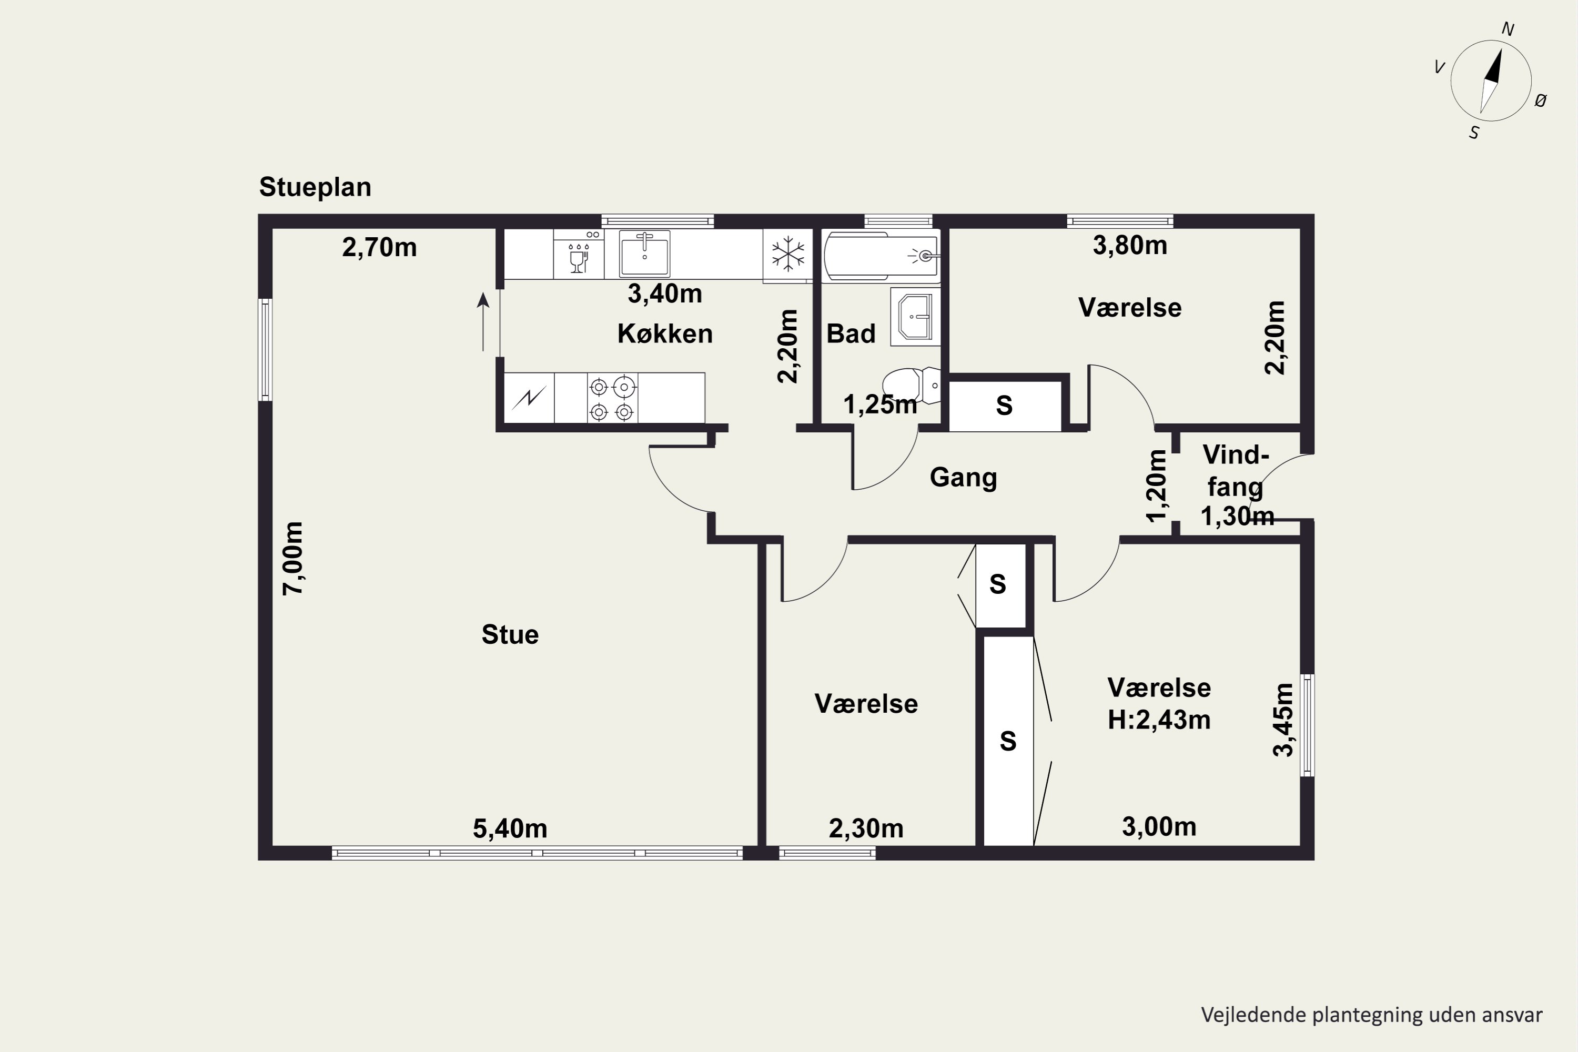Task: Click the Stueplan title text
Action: [315, 188]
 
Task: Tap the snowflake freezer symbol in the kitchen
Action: [787, 254]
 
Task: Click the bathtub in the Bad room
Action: [881, 255]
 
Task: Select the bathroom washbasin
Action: [915, 317]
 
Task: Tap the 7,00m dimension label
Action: [293, 558]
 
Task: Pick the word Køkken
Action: [665, 333]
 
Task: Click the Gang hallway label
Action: [964, 478]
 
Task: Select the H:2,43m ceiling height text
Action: [1159, 721]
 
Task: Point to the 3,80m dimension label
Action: [1130, 246]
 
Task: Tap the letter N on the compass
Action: [1508, 29]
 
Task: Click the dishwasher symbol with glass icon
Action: [578, 254]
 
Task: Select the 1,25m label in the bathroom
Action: [879, 404]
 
